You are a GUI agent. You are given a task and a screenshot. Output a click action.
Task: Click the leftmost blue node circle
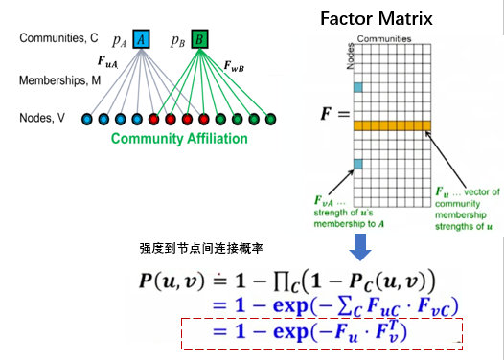88,120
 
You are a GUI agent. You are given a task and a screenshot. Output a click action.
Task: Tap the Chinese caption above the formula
193,247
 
